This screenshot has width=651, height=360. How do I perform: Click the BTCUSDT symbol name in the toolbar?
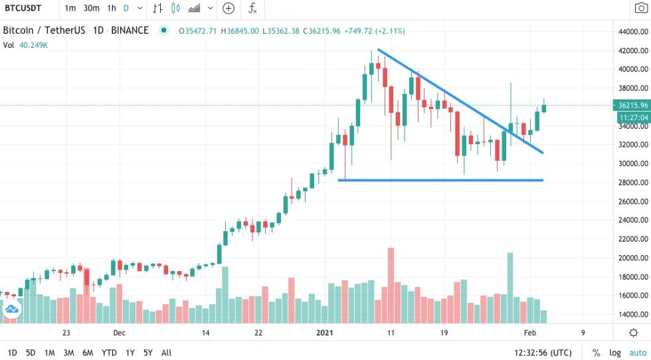[25, 9]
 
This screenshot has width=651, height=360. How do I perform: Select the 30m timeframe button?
[91, 9]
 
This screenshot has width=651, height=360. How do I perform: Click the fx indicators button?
[252, 9]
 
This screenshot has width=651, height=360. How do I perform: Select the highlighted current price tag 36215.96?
[632, 105]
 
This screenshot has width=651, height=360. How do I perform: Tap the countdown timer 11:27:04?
[632, 117]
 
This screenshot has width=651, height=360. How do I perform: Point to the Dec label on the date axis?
[119, 333]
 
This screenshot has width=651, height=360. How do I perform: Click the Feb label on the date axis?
[529, 333]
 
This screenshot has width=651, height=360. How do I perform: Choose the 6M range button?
[87, 353]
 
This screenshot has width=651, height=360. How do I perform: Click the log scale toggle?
[615, 353]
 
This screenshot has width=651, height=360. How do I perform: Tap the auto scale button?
[637, 353]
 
